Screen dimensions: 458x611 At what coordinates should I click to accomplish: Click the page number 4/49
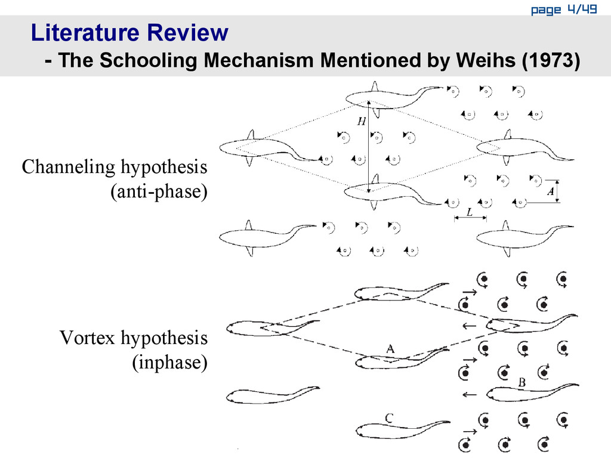pyautogui.click(x=582, y=9)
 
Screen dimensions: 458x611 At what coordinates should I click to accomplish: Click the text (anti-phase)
pyautogui.click(x=159, y=192)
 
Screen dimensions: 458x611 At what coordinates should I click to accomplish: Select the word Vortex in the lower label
pyautogui.click(x=88, y=339)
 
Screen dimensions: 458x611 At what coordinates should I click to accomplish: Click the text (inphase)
pyautogui.click(x=169, y=363)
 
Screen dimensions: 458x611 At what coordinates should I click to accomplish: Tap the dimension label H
pyautogui.click(x=362, y=122)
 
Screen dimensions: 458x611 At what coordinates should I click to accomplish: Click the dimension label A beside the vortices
pyautogui.click(x=550, y=191)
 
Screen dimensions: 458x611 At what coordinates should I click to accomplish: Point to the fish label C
pyautogui.click(x=388, y=419)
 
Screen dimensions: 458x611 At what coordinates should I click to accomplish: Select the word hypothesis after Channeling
pyautogui.click(x=165, y=168)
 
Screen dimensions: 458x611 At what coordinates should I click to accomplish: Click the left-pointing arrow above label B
pyautogui.click(x=470, y=394)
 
